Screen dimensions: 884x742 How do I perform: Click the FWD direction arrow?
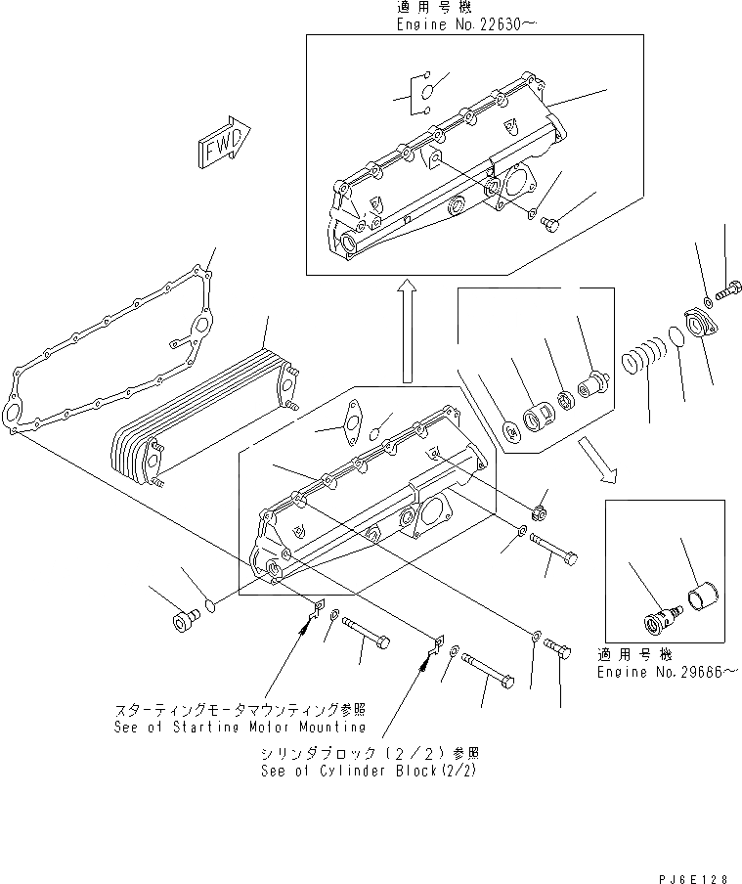(x=223, y=148)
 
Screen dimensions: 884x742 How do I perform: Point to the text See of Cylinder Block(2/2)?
(x=371, y=770)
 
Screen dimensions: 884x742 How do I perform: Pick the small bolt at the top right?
(x=728, y=289)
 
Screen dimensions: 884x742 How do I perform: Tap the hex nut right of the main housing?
(x=538, y=512)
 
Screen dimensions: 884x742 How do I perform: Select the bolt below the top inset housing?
(x=550, y=224)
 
